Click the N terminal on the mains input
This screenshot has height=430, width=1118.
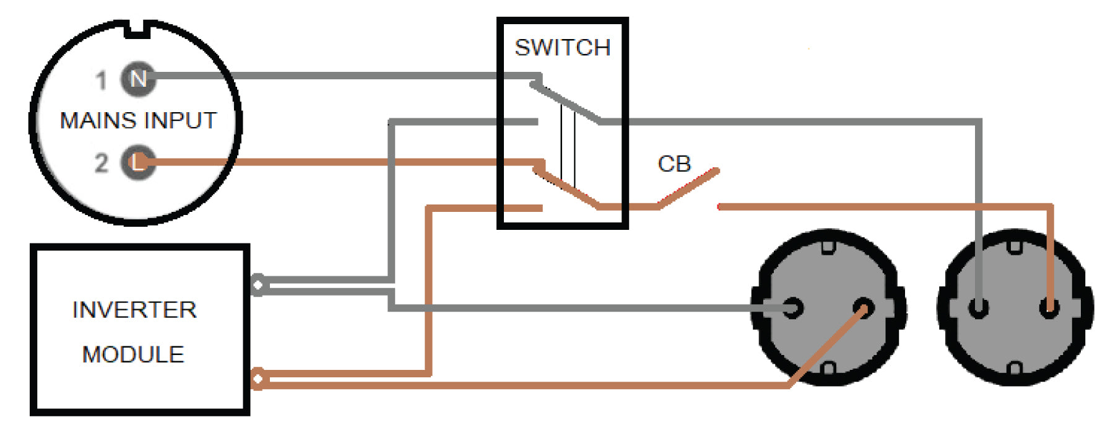pos(138,79)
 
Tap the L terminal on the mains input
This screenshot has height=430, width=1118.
pos(137,162)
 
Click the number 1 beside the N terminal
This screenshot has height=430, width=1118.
pos(101,80)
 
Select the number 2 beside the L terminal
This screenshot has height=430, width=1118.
pos(101,163)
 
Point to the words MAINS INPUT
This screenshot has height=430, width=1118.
pos(138,120)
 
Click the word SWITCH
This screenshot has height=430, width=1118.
pos(562,48)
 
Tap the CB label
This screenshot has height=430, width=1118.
pos(674,164)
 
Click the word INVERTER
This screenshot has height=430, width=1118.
pos(134,310)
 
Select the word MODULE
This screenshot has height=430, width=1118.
pos(133,354)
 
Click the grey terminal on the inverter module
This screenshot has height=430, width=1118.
pos(258,285)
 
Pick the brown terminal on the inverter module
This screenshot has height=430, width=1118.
pos(258,379)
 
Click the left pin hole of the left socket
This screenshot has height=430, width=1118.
pos(793,308)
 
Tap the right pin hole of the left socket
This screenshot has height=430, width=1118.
pos(863,308)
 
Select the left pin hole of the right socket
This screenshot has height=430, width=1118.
pos(978,308)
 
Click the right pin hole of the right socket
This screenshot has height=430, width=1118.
pos(1049,308)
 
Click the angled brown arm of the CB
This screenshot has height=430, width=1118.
pos(688,188)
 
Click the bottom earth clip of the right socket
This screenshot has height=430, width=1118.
pos(1015,370)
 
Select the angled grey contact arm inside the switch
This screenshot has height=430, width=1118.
pos(566,103)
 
